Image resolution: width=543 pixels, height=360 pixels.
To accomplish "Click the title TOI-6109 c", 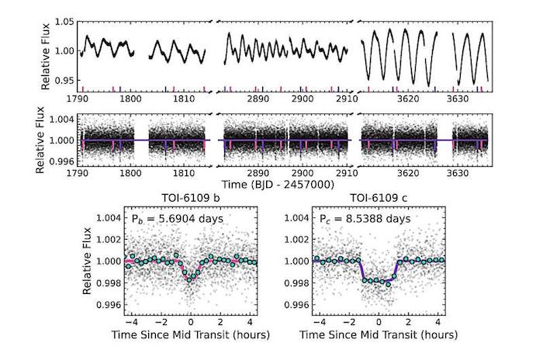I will click(x=380, y=199).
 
